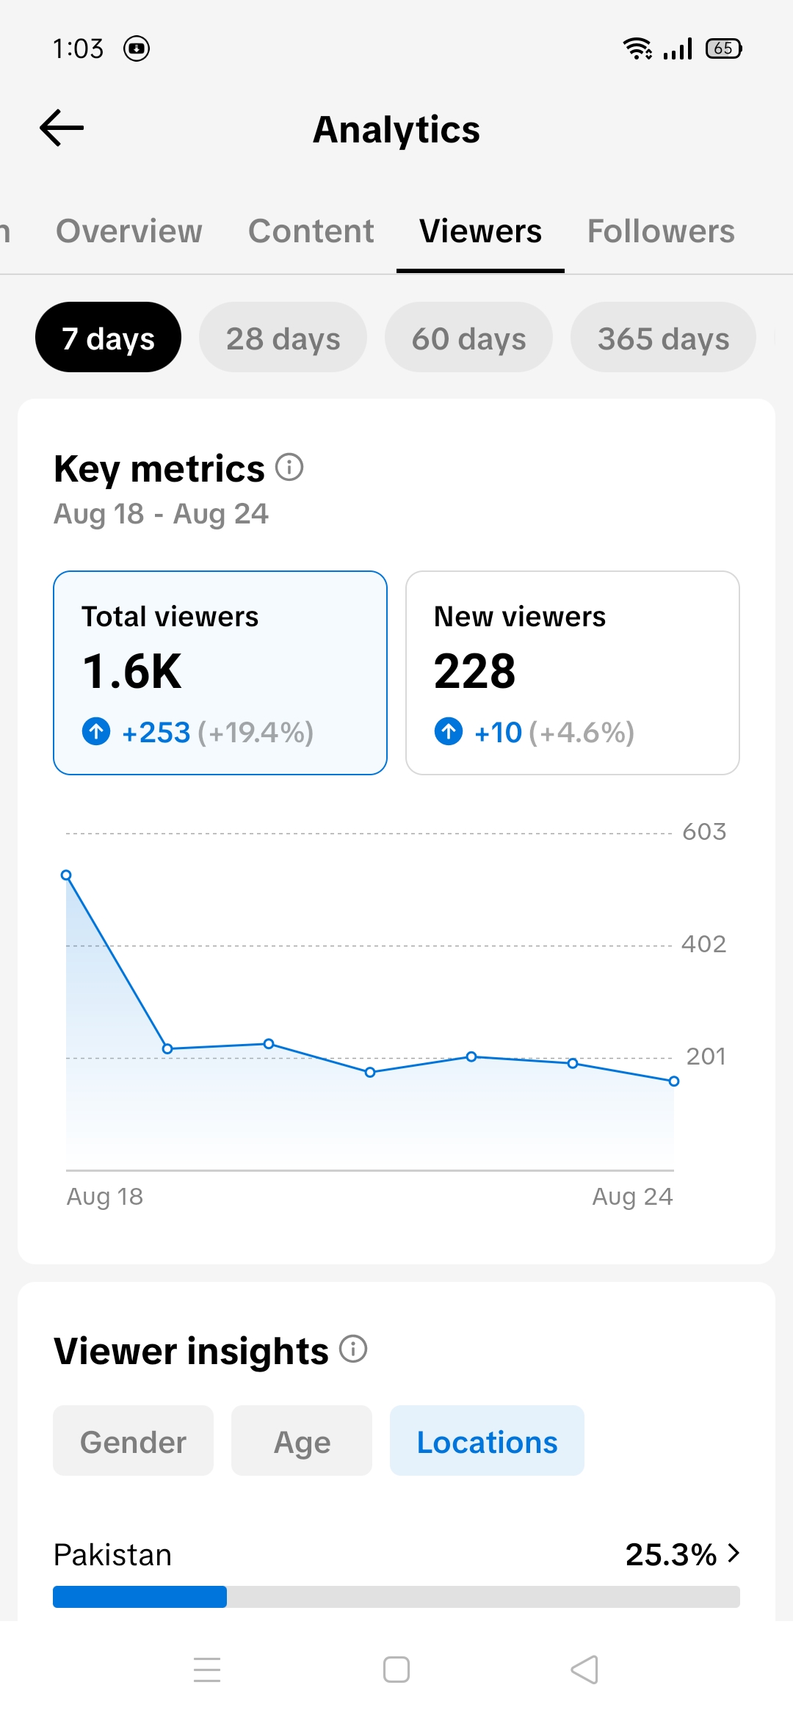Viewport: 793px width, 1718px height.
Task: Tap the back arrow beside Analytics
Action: point(62,128)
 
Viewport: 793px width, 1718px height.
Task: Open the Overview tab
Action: point(129,231)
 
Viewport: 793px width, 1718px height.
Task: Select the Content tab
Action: point(311,231)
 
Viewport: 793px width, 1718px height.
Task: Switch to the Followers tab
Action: point(661,231)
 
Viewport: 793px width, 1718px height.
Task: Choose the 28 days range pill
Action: point(283,337)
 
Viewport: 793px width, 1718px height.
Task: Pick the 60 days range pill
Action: point(468,337)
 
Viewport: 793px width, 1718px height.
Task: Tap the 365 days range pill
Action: point(663,337)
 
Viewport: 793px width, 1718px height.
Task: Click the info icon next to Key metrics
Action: point(289,467)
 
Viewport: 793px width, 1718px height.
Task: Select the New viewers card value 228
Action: point(475,671)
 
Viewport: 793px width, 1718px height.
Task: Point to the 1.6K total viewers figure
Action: point(132,671)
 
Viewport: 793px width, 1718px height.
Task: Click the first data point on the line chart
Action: point(66,875)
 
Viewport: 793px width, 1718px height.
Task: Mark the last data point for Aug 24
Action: point(674,1081)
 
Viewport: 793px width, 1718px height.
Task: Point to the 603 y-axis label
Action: point(704,832)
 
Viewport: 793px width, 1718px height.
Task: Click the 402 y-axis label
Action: point(704,944)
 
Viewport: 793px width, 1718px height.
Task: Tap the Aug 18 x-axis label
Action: point(105,1197)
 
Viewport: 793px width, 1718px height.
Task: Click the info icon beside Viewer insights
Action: point(353,1349)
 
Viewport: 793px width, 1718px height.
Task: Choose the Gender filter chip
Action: point(133,1440)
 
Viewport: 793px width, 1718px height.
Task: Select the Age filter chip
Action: point(302,1440)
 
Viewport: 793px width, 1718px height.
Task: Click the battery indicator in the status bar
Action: point(724,48)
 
